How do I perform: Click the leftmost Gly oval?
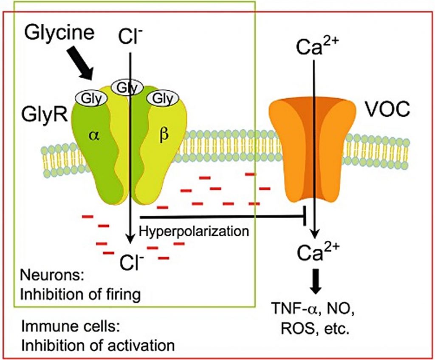pyautogui.click(x=91, y=99)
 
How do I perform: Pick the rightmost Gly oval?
pyautogui.click(x=162, y=99)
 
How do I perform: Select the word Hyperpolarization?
pyautogui.click(x=193, y=231)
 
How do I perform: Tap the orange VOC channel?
pyautogui.click(x=314, y=149)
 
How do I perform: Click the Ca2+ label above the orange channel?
pyautogui.click(x=314, y=45)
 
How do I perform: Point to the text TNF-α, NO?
pyautogui.click(x=314, y=312)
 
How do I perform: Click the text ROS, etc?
pyautogui.click(x=314, y=329)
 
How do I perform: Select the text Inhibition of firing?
pyautogui.click(x=81, y=293)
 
